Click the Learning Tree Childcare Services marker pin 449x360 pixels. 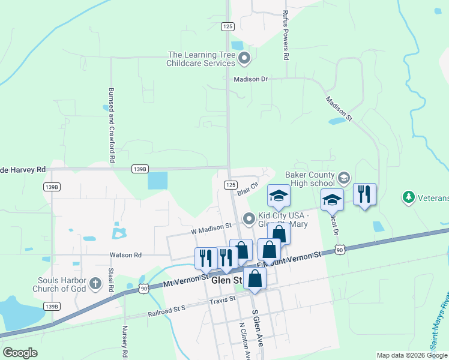[244, 58]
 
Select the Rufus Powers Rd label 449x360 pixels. [287, 37]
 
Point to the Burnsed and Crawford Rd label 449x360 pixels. [111, 125]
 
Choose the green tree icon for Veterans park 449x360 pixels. [409, 197]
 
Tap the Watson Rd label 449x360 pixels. [125, 255]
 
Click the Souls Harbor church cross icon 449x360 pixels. [95, 283]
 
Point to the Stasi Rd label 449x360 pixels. [111, 280]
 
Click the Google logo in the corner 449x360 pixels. [20, 352]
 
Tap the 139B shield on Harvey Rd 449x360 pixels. [139, 169]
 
